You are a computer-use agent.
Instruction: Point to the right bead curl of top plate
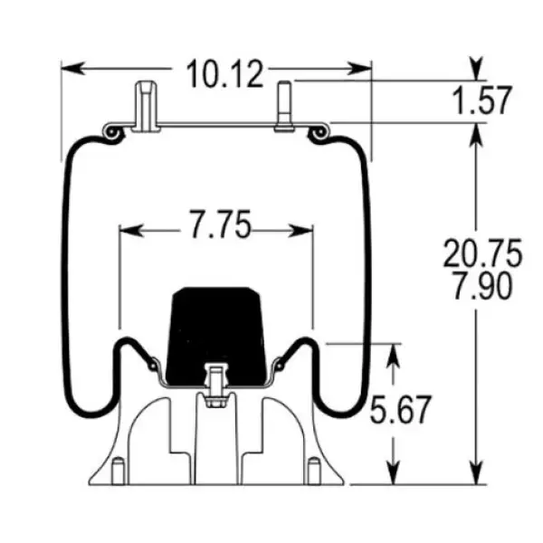(318, 134)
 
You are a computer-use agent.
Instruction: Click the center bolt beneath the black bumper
(215, 386)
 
